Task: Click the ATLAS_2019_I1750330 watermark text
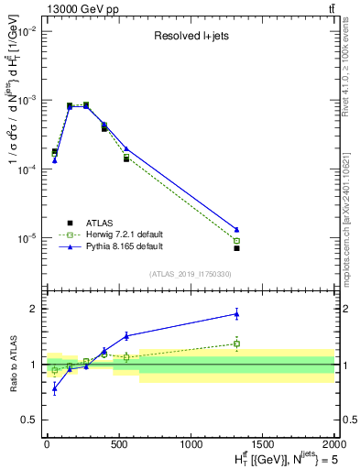(x=190, y=274)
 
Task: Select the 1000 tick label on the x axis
(x=191, y=442)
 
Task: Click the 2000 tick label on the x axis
(x=334, y=442)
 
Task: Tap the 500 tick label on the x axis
(x=119, y=442)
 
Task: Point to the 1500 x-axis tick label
(x=263, y=442)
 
